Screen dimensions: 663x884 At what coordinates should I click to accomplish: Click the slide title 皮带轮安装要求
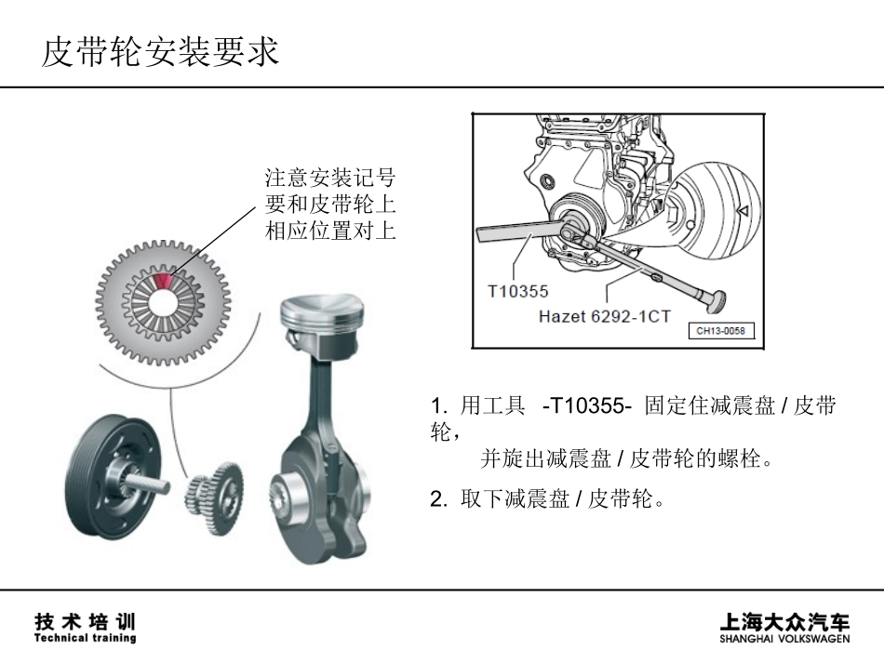click(160, 52)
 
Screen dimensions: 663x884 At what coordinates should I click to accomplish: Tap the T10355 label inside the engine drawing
click(518, 291)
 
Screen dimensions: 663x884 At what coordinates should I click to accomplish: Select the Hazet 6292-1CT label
click(604, 316)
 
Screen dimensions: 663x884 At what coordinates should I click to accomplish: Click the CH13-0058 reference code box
click(721, 331)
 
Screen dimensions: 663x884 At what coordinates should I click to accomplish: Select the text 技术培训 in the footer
click(85, 620)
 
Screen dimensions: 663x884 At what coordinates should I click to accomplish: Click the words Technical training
click(85, 638)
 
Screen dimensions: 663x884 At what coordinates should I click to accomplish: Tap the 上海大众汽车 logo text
click(784, 622)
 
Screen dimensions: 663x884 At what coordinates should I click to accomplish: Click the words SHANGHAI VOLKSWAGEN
click(784, 640)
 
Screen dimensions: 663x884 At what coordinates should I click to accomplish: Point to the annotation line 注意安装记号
click(330, 178)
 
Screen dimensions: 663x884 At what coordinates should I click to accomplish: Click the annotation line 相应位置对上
click(330, 232)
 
